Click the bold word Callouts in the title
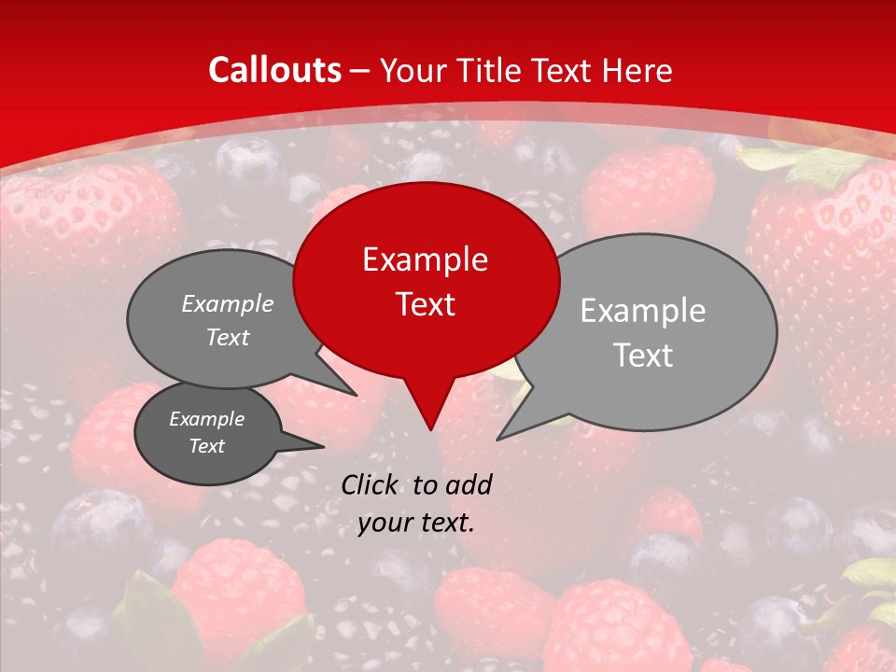tap(274, 70)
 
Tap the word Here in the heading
tap(637, 70)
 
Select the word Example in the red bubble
tap(425, 259)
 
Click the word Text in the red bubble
tap(425, 304)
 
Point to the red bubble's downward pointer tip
tap(430, 429)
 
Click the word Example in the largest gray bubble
tap(643, 311)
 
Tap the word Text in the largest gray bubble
tap(643, 356)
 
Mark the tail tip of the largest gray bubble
tap(497, 439)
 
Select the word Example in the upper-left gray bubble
tap(228, 304)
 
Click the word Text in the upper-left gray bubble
tap(228, 338)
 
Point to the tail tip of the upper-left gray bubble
tap(356, 395)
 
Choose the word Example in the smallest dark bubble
tap(206, 419)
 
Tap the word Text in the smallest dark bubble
tap(206, 446)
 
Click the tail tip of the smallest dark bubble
tap(324, 445)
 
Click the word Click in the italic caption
tap(371, 484)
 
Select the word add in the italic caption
tap(469, 484)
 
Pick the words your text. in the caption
tap(416, 523)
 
